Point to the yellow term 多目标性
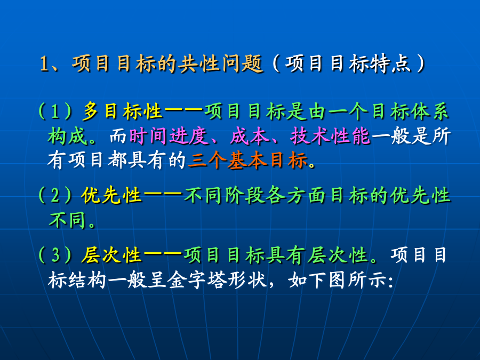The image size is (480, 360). point(122,111)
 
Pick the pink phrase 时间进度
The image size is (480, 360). point(169,136)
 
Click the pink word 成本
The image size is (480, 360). point(249,136)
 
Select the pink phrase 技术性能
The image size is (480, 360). point(330,136)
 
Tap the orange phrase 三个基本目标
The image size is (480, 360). point(248,160)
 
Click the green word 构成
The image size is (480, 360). point(67,136)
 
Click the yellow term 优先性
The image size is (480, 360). point(111,195)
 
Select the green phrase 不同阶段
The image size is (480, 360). point(224,195)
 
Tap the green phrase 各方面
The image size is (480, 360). point(297,195)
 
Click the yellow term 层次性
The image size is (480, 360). point(111,255)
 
